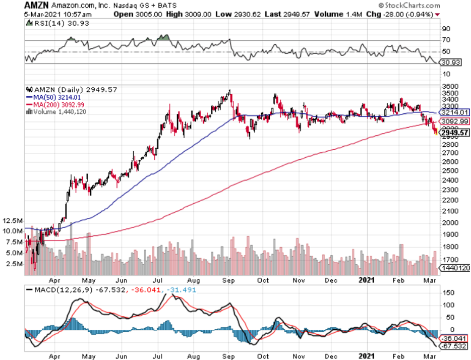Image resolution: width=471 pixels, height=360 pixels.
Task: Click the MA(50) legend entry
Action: (53, 97)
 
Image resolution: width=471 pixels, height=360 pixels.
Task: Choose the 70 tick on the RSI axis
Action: (446, 40)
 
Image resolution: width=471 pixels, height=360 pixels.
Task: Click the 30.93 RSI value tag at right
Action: (448, 63)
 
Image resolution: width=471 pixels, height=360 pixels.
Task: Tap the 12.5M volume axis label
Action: (12, 221)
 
